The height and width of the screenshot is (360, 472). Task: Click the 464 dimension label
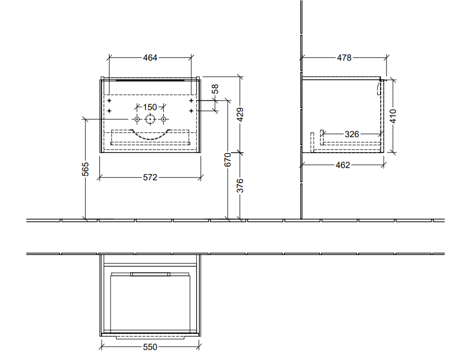point(150,57)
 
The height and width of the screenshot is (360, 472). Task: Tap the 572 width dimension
point(150,177)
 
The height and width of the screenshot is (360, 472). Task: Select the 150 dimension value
point(150,107)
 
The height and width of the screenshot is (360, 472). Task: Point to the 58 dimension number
point(215,89)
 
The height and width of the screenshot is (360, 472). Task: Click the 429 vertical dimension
point(240,114)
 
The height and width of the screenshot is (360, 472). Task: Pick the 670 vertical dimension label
point(228,160)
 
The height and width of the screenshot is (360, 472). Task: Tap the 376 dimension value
point(240,186)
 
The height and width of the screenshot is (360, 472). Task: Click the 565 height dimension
point(86,169)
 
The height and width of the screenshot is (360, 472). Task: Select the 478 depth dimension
point(344,57)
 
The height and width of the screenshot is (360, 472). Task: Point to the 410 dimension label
point(393,116)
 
